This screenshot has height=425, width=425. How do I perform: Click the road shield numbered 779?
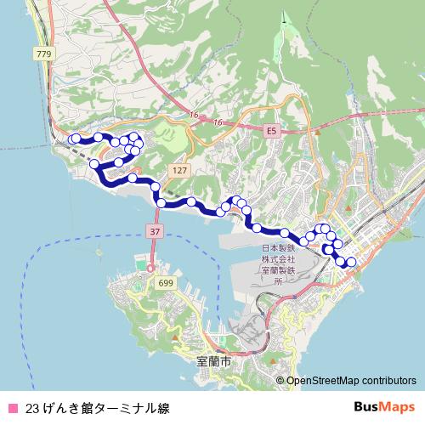point(44,54)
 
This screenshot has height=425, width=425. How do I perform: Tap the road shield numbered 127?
point(178,171)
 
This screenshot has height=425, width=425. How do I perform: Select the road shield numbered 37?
point(153,231)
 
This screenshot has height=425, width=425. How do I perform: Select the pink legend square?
point(12,408)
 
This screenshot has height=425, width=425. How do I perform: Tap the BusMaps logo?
point(385,407)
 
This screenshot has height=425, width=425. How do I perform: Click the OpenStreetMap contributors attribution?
point(351,381)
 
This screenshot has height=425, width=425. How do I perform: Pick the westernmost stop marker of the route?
point(74,139)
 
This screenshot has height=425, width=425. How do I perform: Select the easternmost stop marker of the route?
point(348,262)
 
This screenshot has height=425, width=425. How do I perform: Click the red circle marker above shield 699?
point(150,269)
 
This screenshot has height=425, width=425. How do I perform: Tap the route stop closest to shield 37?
point(161,202)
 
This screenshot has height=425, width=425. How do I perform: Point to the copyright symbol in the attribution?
point(280,381)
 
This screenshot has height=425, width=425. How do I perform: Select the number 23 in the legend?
point(31,408)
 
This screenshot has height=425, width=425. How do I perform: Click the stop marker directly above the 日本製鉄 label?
point(284,233)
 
